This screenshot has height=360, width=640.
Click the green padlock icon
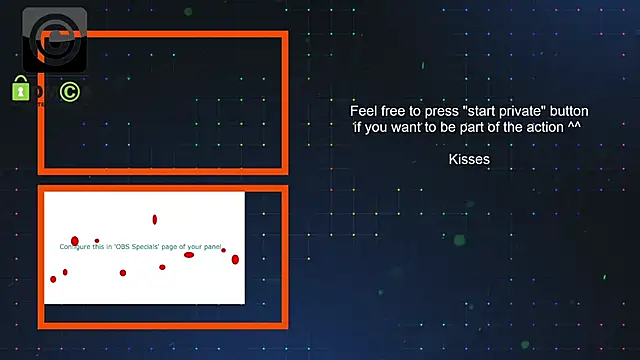click(20, 91)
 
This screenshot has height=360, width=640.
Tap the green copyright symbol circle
click(69, 92)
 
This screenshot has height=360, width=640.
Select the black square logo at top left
click(54, 39)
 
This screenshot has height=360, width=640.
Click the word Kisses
click(469, 159)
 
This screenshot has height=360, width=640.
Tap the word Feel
click(364, 111)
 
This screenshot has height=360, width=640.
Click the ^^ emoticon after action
click(574, 128)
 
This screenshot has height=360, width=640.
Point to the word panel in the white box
click(211, 245)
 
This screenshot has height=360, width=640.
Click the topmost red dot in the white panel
click(155, 219)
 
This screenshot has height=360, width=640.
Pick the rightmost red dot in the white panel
click(235, 260)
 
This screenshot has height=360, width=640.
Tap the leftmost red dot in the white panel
click(54, 279)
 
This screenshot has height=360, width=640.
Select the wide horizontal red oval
click(188, 255)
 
